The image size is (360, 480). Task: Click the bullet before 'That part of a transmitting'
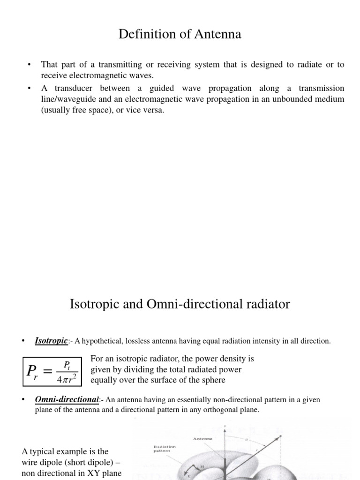pos(29,65)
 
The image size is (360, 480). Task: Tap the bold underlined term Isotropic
pos(51,341)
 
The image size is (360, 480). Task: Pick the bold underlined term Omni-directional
pos(67,400)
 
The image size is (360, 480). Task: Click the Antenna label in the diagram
pos(202,439)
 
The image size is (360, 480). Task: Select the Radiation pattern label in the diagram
pos(165,449)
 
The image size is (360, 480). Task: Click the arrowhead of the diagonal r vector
pos(280,436)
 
